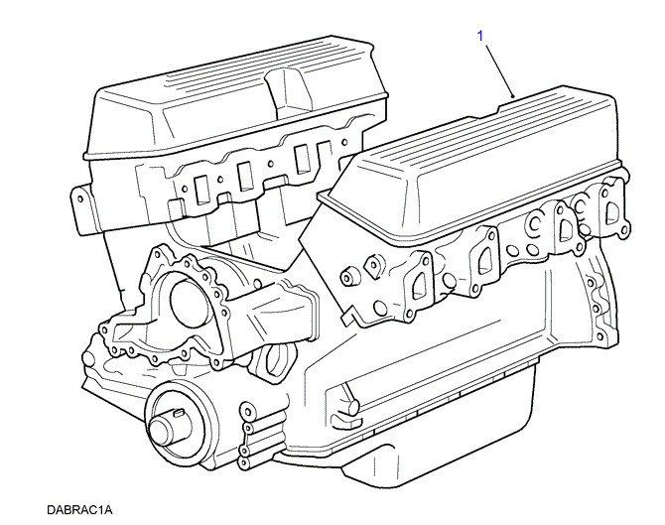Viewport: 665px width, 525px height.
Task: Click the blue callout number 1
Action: (x=480, y=36)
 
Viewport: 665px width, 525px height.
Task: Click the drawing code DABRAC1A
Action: (x=79, y=509)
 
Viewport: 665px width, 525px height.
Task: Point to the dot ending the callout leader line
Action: (x=513, y=96)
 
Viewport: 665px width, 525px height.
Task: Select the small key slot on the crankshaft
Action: (x=178, y=411)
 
